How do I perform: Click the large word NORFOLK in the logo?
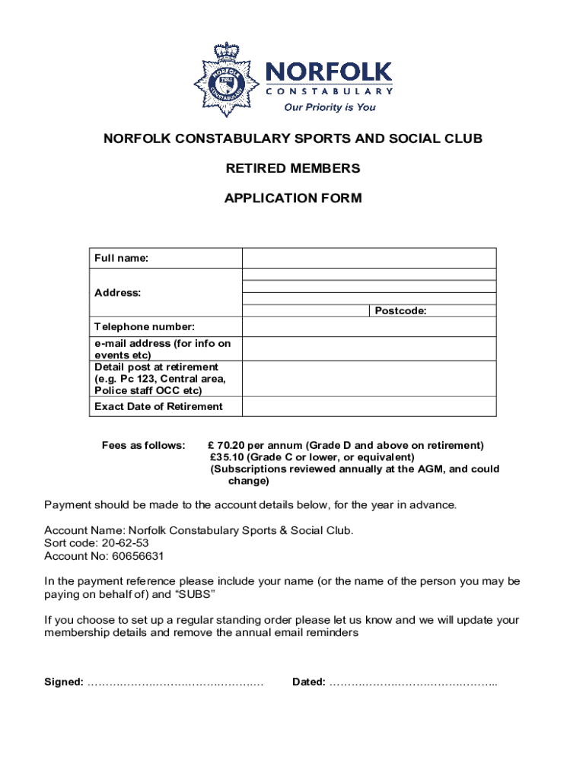328,73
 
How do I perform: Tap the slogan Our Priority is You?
330,107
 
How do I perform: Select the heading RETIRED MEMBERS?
293,168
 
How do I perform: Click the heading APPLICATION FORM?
293,199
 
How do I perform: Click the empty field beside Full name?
369,258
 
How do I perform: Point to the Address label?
117,293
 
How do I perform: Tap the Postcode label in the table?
400,311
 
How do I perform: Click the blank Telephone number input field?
369,327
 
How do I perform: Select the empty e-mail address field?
369,348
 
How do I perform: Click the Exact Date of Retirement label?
158,406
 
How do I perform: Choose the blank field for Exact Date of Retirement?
369,406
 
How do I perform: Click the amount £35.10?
227,457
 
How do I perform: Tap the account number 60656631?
132,556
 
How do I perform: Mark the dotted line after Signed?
175,682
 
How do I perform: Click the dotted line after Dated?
413,682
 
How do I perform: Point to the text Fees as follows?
143,445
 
